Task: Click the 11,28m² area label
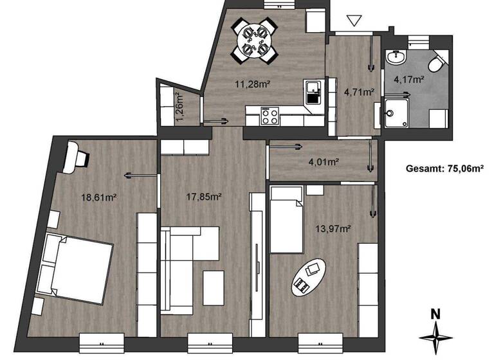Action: [252, 83]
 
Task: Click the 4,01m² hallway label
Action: [324, 162]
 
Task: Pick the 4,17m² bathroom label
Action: [408, 80]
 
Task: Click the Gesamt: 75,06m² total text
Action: [444, 169]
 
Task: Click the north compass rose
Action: [435, 335]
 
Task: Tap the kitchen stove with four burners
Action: [269, 117]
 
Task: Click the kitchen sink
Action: [313, 93]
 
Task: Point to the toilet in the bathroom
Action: [437, 63]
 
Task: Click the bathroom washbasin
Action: [396, 58]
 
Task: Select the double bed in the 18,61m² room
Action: [76, 269]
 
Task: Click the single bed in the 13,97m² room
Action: [286, 219]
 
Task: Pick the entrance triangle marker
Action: [354, 21]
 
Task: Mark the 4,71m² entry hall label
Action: [359, 92]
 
